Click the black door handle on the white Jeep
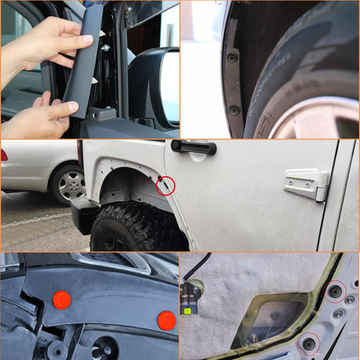tap(193, 147)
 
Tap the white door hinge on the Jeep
tap(306, 185)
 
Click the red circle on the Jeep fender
tap(165, 185)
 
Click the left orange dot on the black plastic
tap(61, 299)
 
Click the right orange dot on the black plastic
tap(166, 320)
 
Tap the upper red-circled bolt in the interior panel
tap(335, 291)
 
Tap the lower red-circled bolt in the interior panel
tap(309, 343)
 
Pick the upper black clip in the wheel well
tap(232, 57)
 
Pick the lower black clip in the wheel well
tap(234, 110)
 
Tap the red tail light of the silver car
tap(4, 155)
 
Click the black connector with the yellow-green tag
tap(189, 297)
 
